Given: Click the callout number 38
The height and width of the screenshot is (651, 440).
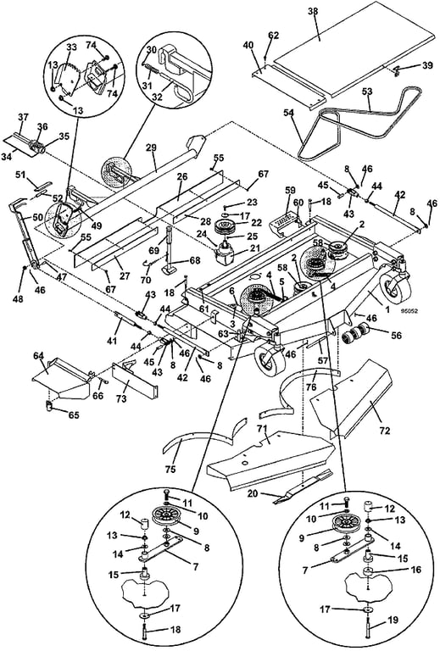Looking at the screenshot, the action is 313,11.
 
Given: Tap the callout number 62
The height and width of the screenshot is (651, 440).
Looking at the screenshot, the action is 274,36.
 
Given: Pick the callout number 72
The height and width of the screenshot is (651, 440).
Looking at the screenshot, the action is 385,431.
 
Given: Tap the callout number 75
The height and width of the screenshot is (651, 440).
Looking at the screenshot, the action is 170,469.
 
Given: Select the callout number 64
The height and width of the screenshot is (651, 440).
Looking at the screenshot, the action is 39,355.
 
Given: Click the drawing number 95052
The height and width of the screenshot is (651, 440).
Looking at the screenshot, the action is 409,310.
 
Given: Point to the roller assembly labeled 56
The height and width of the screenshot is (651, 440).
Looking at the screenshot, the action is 357,331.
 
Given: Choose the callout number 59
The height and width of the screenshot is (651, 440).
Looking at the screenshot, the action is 290,191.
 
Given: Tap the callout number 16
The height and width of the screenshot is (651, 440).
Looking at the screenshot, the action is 415,570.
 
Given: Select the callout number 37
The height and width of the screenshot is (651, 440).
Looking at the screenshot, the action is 23,118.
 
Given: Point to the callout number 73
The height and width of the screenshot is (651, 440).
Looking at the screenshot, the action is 121,399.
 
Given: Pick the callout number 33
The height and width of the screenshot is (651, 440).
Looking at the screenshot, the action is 71,47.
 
